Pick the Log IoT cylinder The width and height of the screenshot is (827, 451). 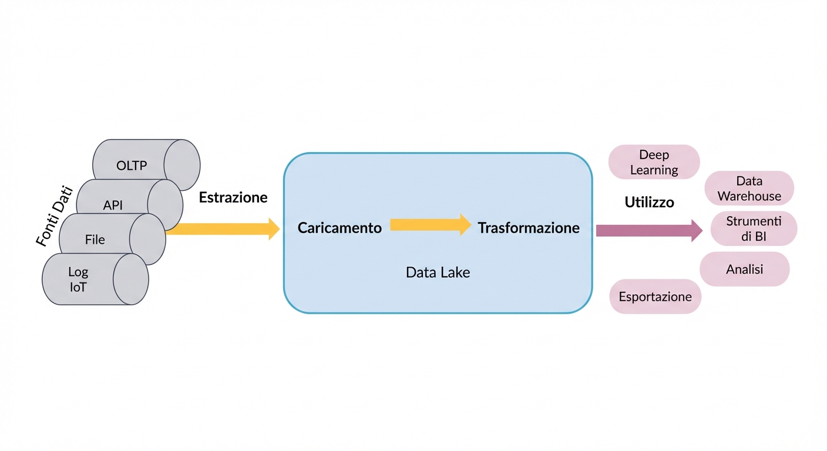[78, 280]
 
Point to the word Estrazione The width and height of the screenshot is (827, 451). [233, 197]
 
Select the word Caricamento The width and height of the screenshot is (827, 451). [339, 228]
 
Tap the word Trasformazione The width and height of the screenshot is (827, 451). [529, 228]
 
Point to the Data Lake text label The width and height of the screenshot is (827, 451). [438, 272]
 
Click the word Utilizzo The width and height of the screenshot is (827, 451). [649, 203]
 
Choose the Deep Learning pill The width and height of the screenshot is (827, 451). [654, 162]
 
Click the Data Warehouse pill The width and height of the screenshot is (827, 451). [749, 189]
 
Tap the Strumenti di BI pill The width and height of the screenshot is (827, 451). [754, 228]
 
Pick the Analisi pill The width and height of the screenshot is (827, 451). [744, 269]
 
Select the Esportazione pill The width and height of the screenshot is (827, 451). [655, 296]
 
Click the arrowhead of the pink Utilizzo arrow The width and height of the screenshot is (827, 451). [697, 230]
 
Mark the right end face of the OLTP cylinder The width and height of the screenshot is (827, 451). [181, 165]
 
